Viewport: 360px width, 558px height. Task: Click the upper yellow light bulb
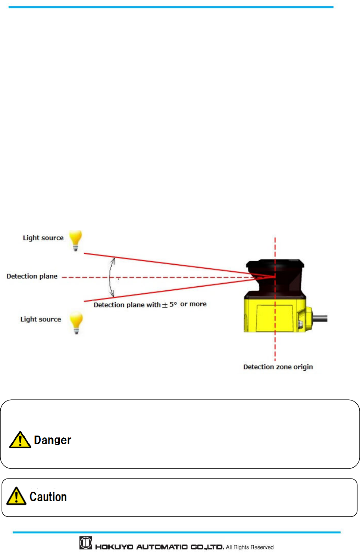75,240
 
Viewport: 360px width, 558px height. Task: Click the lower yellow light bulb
76,322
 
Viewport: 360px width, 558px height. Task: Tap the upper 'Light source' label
43,238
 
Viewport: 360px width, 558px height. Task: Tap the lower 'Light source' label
41,319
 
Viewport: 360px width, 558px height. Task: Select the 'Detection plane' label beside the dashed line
32,276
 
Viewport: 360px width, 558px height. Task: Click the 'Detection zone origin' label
278,367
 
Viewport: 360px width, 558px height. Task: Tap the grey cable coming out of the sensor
320,318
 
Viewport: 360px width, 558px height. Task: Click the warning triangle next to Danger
20,440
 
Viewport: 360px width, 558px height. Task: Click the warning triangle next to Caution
16,496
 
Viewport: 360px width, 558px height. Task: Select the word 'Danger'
53,440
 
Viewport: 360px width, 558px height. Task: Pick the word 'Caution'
48,497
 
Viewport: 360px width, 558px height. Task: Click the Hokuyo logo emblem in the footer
86,543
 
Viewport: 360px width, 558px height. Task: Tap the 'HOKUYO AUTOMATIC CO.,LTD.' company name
160,547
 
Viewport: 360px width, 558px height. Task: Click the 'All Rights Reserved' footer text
250,547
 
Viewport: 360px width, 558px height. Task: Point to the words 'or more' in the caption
193,304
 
